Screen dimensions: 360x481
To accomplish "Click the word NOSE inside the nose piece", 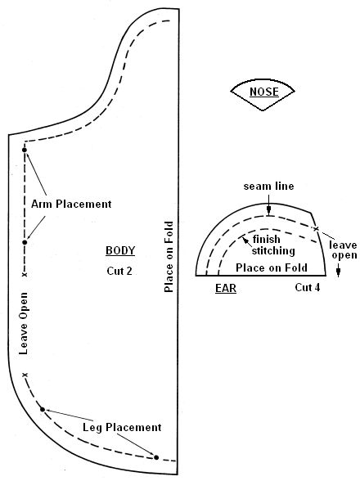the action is click(x=264, y=92).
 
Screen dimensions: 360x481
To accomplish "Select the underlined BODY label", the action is click(x=120, y=250).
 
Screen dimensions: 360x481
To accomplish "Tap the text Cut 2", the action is click(x=119, y=271).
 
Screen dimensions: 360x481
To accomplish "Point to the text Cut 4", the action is click(x=308, y=287).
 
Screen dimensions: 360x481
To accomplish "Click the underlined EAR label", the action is click(x=226, y=288).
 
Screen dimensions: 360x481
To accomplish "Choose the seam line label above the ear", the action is click(x=269, y=187).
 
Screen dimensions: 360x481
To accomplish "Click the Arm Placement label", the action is click(x=71, y=204).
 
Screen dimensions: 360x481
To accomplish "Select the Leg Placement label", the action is click(x=122, y=427).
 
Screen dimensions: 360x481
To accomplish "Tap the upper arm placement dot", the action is click(x=25, y=150).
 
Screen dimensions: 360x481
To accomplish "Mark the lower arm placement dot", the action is click(x=25, y=242).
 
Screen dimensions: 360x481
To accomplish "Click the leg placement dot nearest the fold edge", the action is click(x=156, y=457).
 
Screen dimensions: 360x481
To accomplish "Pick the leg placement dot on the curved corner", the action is click(x=43, y=410).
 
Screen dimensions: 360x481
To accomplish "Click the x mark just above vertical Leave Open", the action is click(x=25, y=275).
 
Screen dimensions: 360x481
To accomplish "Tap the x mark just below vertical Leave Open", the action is click(x=25, y=375).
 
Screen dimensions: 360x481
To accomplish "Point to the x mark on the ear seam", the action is click(x=316, y=228).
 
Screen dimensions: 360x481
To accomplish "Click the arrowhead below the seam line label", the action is click(x=269, y=210).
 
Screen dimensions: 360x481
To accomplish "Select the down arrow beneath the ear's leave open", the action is click(x=338, y=271).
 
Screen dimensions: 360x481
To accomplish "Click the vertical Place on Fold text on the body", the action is click(x=169, y=257).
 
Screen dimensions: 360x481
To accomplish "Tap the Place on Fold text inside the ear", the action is click(x=272, y=267).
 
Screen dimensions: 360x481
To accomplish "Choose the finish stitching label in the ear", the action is click(x=272, y=245).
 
